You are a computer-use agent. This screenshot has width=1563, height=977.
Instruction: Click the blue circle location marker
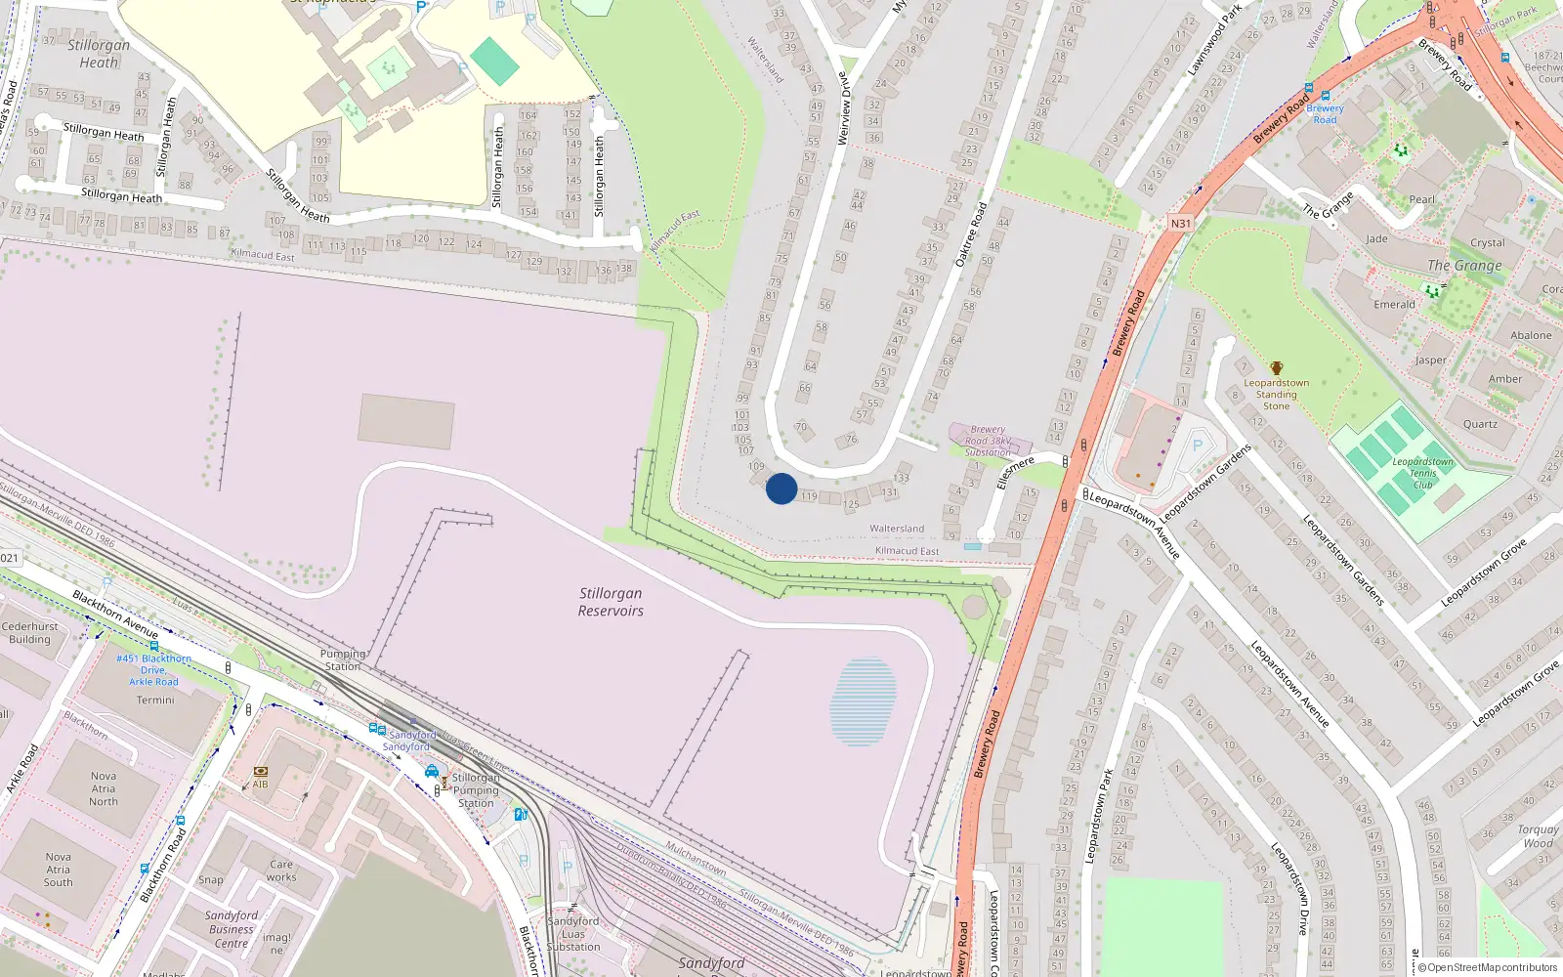781,488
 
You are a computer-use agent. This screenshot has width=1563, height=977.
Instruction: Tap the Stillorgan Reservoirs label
611,602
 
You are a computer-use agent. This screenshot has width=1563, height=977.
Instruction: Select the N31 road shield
1181,224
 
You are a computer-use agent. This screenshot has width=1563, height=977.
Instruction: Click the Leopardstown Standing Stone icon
1276,368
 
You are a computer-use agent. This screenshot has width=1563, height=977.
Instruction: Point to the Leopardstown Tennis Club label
1422,473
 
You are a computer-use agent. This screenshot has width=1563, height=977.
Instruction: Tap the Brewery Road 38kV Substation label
988,441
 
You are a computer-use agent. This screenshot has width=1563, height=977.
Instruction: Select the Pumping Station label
342,659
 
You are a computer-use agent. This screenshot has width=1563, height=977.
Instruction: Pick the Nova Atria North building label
104,788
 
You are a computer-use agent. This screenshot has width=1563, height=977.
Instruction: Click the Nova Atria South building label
59,870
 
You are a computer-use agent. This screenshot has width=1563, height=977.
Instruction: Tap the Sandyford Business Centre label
232,929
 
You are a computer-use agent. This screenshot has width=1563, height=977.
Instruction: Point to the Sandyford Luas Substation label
573,934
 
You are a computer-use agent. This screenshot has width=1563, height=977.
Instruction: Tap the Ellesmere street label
1016,473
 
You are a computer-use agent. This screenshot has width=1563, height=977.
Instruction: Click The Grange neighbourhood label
1464,265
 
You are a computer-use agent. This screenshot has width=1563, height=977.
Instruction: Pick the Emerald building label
1394,304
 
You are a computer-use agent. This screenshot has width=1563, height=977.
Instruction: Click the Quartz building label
1480,424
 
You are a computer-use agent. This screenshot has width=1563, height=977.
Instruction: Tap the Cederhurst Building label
30,633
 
